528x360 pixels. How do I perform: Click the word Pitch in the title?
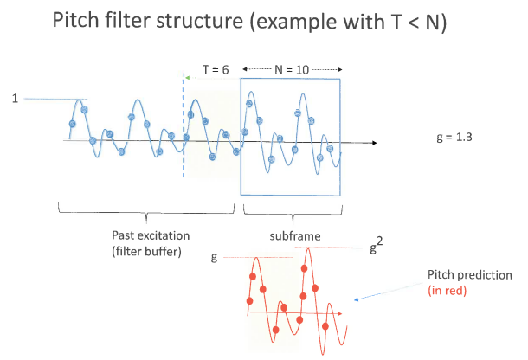point(76,20)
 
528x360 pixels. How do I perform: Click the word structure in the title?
point(199,21)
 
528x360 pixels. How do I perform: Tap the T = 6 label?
point(216,70)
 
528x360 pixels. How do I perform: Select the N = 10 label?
point(292,70)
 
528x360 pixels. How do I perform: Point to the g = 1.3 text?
point(454,137)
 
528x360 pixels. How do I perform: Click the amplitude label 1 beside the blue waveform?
point(15,99)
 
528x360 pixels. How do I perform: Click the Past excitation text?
point(151,235)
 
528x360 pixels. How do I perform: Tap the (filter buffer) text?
point(146,251)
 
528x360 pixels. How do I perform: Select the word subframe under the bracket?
point(295,235)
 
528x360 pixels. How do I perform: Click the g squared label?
point(377,245)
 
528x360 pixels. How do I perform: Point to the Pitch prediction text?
point(470,275)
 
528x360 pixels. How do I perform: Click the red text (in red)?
point(448,290)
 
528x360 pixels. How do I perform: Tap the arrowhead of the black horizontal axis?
point(374,143)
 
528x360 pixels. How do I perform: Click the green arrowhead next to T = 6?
point(188,78)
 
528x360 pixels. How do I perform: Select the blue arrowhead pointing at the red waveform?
point(357,299)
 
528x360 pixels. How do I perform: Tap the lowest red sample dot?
point(275,330)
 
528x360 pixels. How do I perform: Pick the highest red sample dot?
point(304,268)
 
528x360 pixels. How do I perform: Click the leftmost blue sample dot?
point(72,124)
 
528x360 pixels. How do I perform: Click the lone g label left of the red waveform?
point(214,258)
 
